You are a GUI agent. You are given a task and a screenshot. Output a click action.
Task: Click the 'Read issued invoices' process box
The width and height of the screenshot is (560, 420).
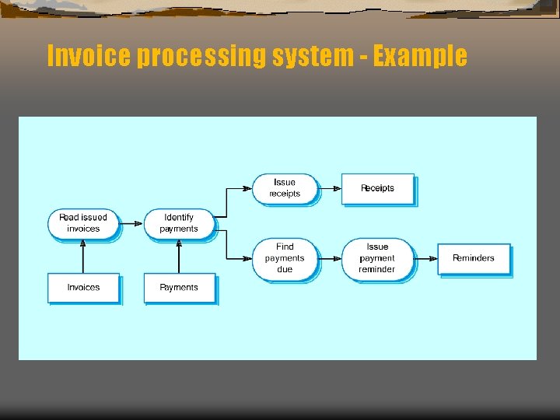(x=83, y=223)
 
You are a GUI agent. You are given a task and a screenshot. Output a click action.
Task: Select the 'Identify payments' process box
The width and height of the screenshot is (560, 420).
(x=179, y=223)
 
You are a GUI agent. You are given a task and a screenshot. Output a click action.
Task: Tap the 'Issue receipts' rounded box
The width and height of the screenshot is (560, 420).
(x=285, y=188)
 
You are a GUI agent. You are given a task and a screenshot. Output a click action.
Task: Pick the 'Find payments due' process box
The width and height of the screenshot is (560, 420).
(x=285, y=258)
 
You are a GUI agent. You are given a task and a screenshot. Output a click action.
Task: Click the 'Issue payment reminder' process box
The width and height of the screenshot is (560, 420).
(x=377, y=258)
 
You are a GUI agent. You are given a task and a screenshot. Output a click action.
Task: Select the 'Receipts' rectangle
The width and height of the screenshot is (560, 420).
(x=377, y=188)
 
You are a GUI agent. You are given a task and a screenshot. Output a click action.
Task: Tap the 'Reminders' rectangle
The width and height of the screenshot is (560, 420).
(x=473, y=258)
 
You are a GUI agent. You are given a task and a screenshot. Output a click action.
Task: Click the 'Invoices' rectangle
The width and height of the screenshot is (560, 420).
(x=83, y=288)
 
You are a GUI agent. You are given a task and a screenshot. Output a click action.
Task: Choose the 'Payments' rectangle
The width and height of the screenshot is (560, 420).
(x=179, y=288)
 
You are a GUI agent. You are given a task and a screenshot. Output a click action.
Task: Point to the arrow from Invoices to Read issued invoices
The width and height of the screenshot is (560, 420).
(x=83, y=256)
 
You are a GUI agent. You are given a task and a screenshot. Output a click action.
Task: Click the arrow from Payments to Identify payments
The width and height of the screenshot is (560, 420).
(x=179, y=256)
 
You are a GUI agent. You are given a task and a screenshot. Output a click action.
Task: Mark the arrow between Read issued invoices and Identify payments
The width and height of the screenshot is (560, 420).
(x=131, y=223)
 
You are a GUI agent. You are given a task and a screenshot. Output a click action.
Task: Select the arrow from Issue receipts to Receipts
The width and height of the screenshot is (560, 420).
(x=331, y=188)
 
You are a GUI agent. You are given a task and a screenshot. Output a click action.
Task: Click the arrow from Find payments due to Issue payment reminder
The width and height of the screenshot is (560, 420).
(x=331, y=258)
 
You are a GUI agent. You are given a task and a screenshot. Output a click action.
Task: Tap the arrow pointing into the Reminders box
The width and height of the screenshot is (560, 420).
(x=425, y=258)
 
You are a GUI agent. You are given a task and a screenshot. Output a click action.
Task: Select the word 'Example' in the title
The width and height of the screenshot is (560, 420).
(x=420, y=56)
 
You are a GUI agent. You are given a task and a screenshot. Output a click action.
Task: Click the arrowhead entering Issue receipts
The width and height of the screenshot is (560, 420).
(x=248, y=188)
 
